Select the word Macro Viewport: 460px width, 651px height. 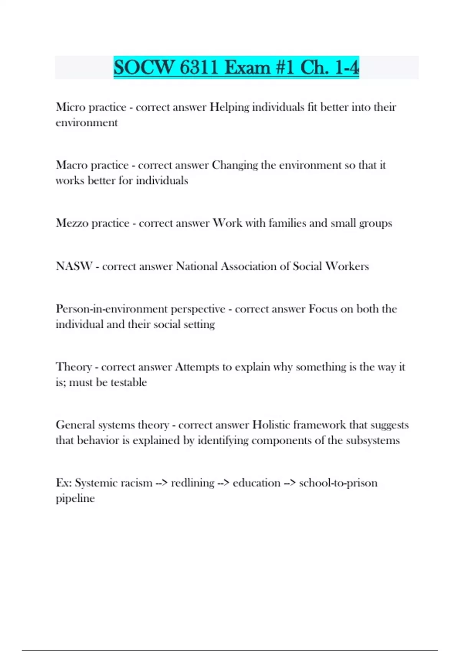(x=71, y=165)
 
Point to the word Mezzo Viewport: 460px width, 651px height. (x=72, y=223)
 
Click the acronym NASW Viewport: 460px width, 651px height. (x=74, y=266)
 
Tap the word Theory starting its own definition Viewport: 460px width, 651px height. (x=74, y=367)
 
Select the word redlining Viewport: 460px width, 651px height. (x=192, y=483)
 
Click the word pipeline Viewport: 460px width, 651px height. (x=75, y=498)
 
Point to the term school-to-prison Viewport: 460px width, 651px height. (x=338, y=483)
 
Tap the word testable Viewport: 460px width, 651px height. (x=128, y=382)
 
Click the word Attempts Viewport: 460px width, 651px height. (x=197, y=367)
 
